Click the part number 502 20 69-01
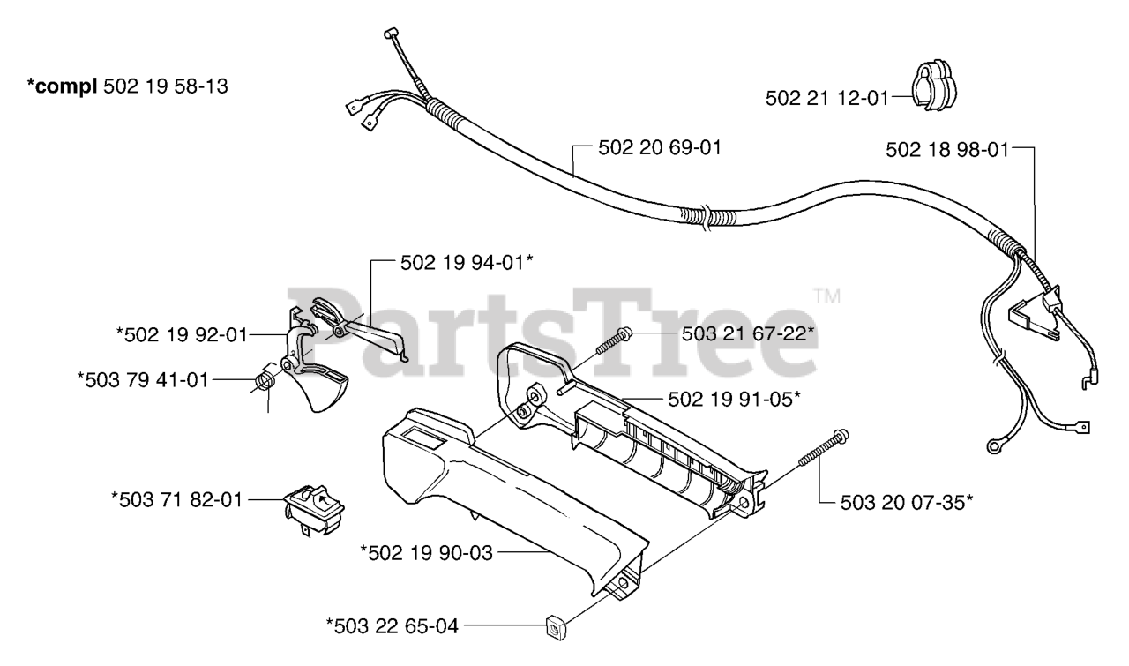(647, 148)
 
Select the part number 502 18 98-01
(946, 152)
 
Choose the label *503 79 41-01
(143, 380)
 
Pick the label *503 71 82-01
(176, 499)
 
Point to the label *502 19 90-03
(426, 552)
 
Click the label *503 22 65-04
(393, 627)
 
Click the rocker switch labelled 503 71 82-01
(314, 511)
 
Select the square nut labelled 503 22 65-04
(557, 629)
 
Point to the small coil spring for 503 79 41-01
(265, 382)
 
